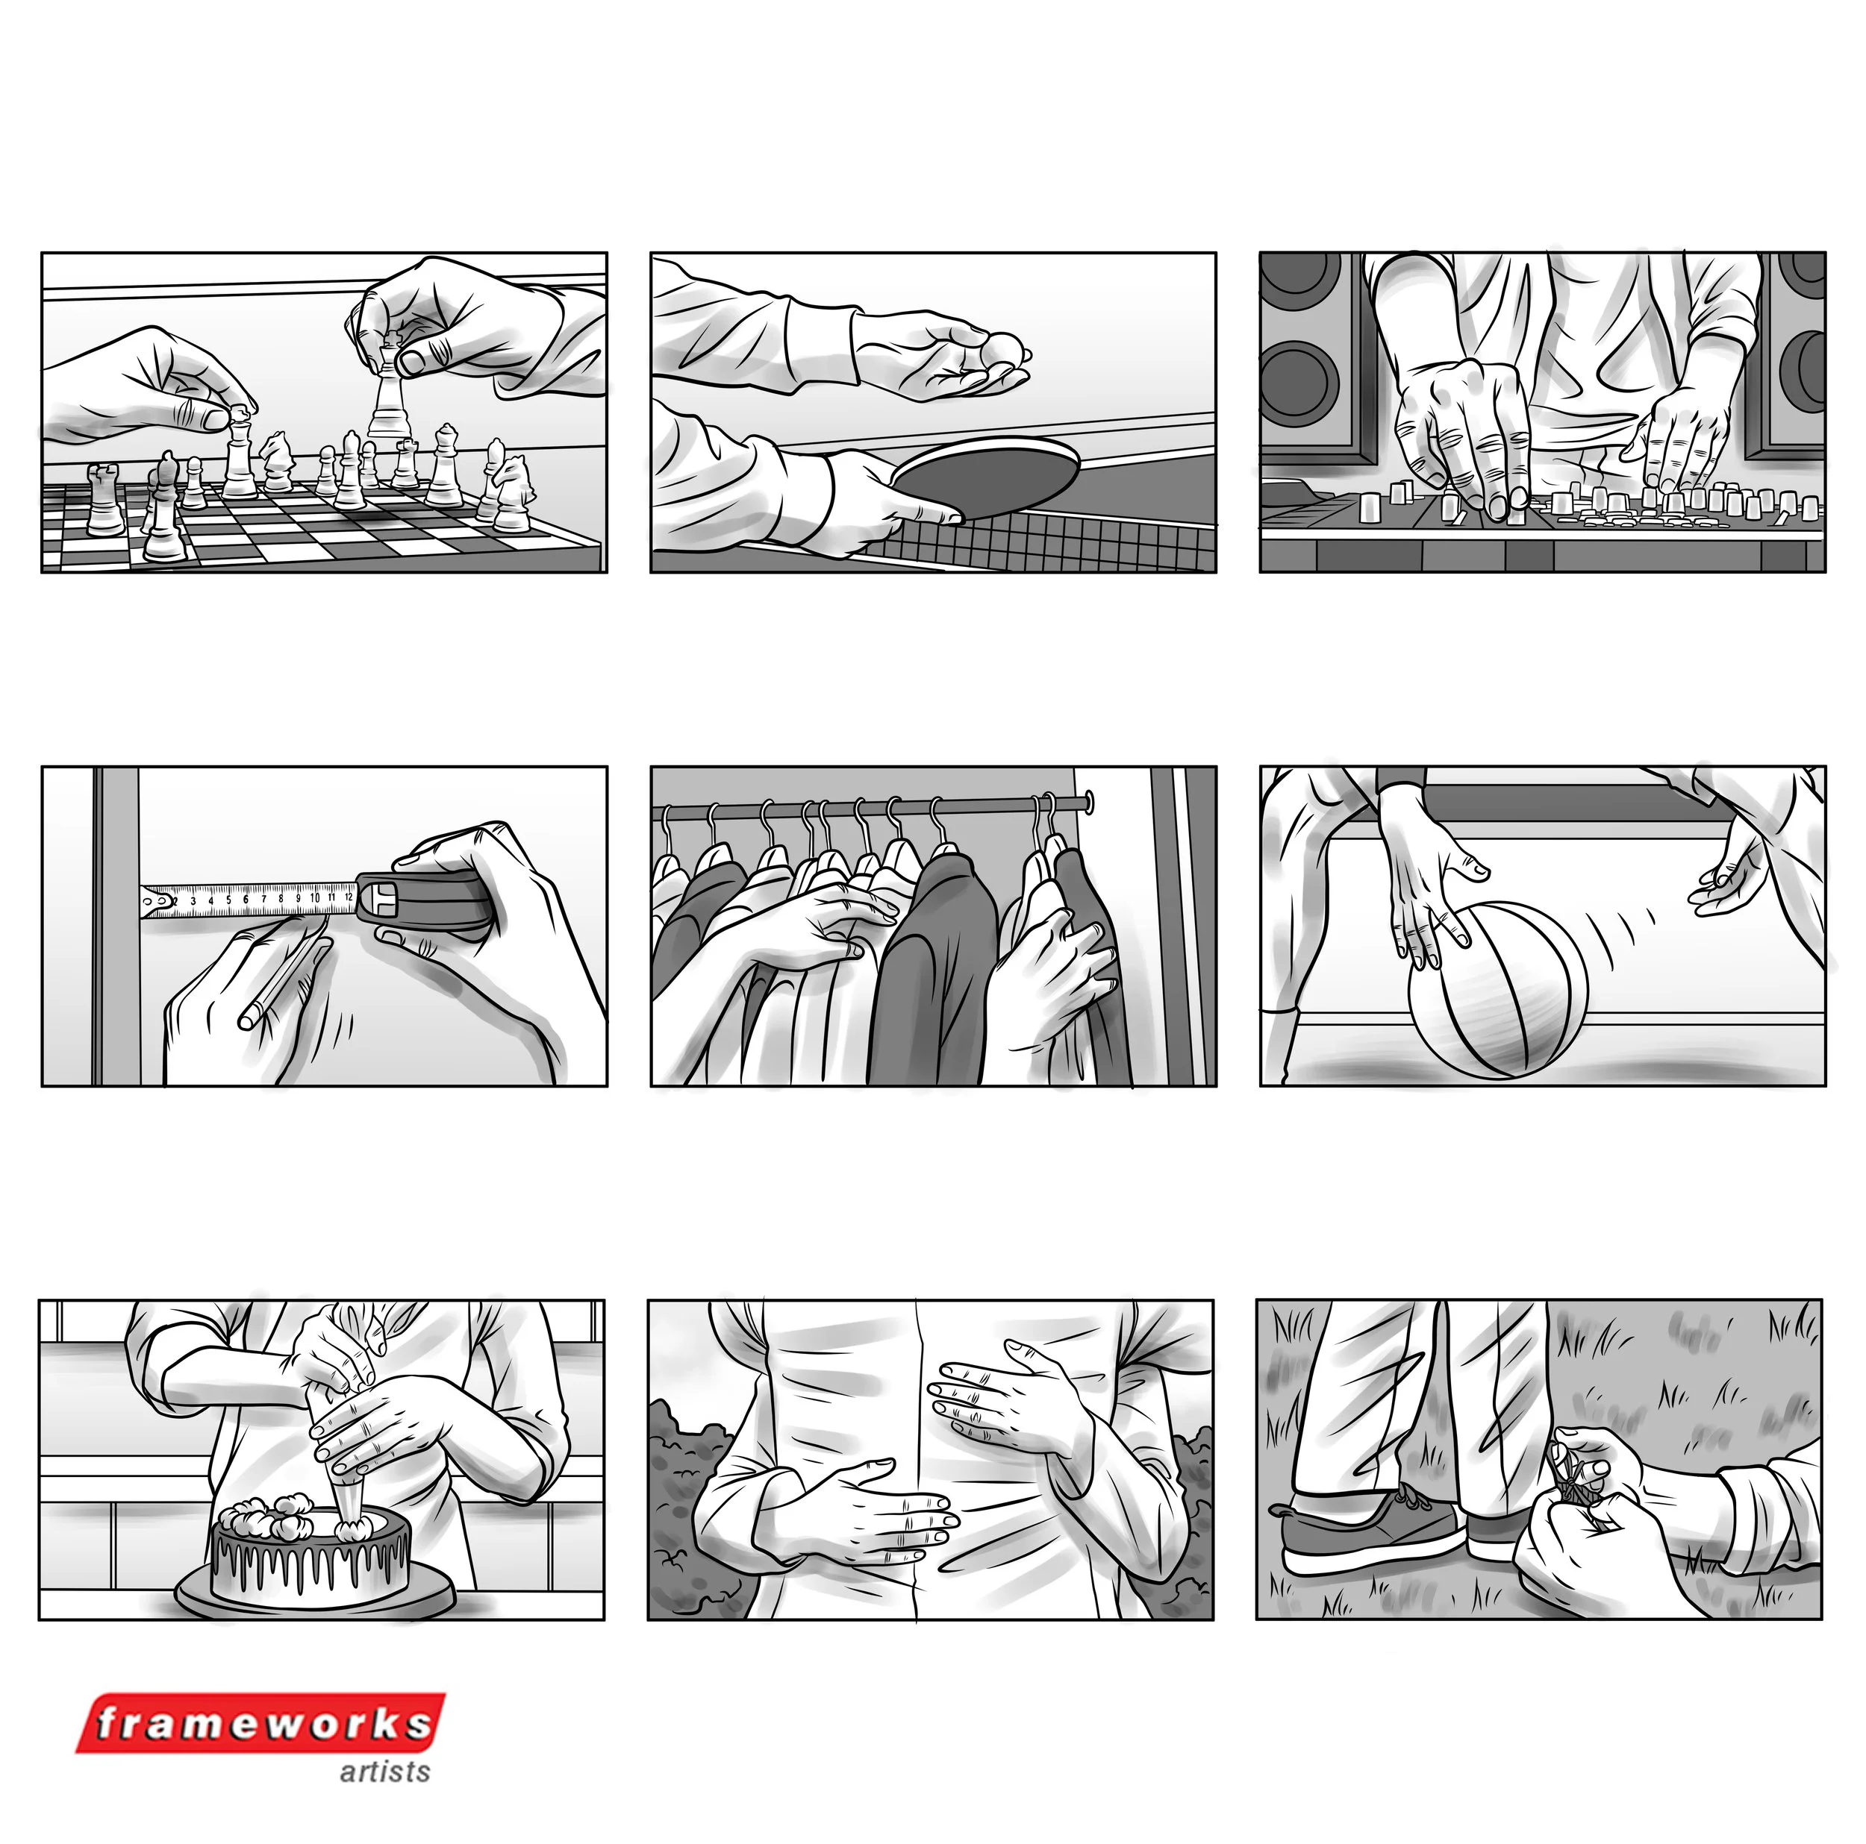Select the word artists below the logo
click(384, 1772)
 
